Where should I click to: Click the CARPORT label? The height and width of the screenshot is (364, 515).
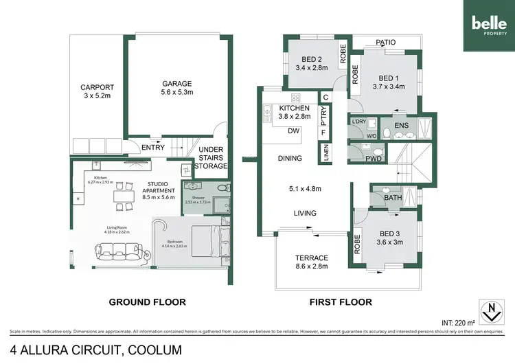pos(96,92)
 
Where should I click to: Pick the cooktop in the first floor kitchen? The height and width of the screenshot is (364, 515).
pos(297,97)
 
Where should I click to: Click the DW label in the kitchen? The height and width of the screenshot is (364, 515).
pos(293,130)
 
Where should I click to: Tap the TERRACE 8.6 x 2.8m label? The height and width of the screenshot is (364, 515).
pos(311,262)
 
